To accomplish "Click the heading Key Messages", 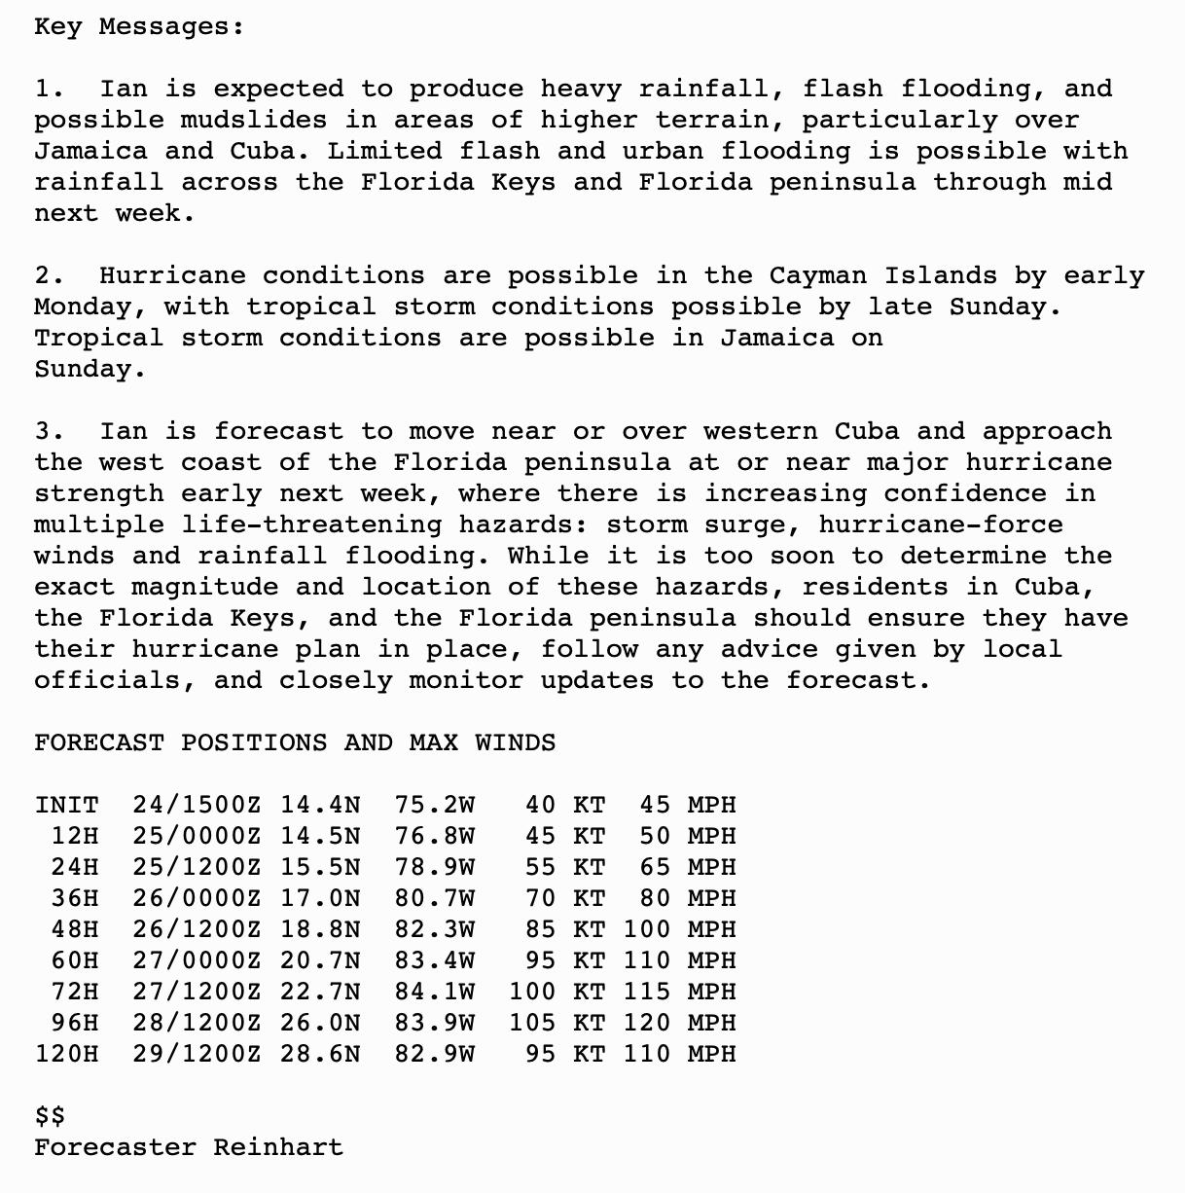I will coord(138,27).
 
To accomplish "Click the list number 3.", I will coord(48,432).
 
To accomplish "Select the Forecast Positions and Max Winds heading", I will coord(295,743).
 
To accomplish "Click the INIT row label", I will coord(66,806).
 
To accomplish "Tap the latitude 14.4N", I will coord(320,806).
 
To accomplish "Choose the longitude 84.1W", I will coord(435,993).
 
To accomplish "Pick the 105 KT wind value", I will coord(557,1024).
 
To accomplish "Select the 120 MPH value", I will coord(679,1024).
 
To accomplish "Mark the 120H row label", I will coord(66,1055).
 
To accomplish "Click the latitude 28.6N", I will coord(320,1055).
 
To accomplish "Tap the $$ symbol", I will coord(50,1116).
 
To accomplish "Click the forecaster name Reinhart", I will coord(278,1148).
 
